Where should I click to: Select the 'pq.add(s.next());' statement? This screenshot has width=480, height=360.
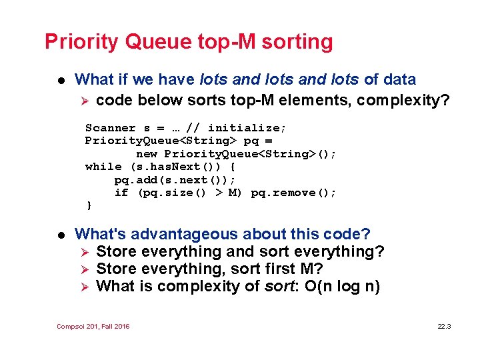[x=175, y=180]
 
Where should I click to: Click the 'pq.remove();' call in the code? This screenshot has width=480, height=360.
[x=294, y=193]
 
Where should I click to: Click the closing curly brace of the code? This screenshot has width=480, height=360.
[x=89, y=205]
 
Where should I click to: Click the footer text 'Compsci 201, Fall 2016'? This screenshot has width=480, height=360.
[x=93, y=326]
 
